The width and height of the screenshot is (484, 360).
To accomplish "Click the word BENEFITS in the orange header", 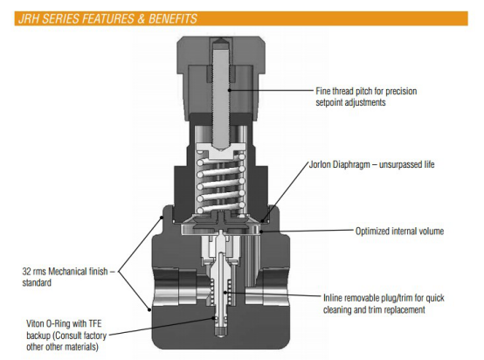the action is tap(173, 19).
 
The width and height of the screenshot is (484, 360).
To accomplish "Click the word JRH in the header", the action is tap(29, 19).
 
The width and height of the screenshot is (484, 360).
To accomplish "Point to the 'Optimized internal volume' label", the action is tap(399, 231).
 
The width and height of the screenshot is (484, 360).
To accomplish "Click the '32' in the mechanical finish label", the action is tap(26, 272).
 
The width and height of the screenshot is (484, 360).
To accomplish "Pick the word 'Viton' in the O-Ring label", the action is tap(35, 323).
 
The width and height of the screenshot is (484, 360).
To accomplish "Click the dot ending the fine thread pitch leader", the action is tap(230, 90).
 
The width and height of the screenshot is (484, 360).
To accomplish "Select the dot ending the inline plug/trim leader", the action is tap(225, 293).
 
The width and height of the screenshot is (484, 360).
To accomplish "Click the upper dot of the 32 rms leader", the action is tap(161, 218).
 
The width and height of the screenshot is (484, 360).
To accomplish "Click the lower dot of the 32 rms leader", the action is tap(149, 309).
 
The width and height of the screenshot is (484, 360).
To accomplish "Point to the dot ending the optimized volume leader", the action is tap(261, 231).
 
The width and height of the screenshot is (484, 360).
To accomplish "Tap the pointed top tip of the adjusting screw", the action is tap(221, 38).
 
